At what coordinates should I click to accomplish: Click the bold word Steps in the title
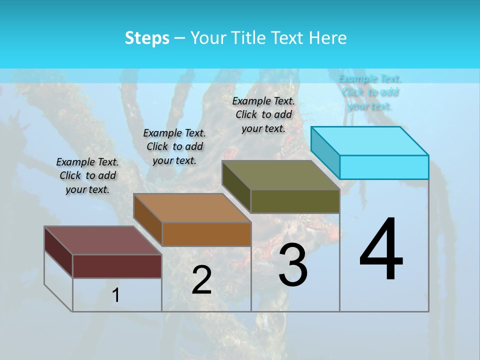[x=147, y=38]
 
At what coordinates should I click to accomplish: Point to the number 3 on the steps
[x=293, y=265]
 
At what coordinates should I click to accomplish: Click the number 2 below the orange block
[x=201, y=280]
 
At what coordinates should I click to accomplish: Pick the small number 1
[x=116, y=295]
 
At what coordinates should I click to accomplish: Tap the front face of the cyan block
[x=384, y=167]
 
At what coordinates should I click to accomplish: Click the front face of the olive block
[x=295, y=201]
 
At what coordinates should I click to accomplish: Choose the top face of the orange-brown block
[x=192, y=207]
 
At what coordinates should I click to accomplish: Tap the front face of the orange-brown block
[x=206, y=234]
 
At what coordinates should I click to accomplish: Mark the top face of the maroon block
[x=103, y=240]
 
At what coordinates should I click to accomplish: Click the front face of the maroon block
[x=117, y=266]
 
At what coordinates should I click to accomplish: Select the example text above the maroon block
[x=87, y=175]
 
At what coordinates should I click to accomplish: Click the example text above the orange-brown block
[x=174, y=146]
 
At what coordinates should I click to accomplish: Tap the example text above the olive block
[x=263, y=114]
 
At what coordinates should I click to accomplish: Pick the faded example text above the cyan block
[x=370, y=92]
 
